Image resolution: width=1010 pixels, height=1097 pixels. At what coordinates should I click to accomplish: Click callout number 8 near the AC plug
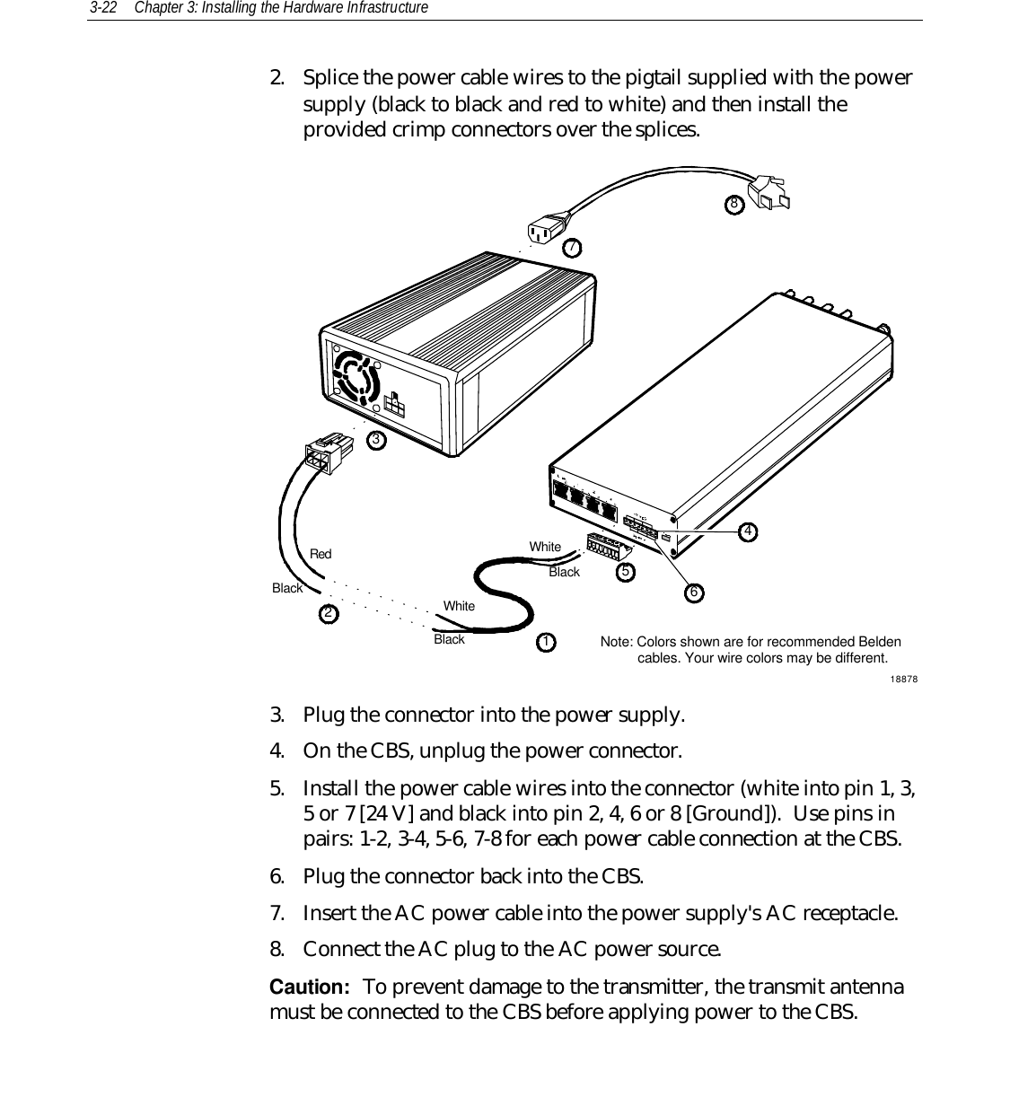click(734, 204)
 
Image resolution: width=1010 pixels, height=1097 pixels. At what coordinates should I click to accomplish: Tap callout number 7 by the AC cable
click(571, 246)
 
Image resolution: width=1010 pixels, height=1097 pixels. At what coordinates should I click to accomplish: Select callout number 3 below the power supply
click(377, 439)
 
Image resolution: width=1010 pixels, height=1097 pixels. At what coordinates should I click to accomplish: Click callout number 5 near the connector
click(626, 570)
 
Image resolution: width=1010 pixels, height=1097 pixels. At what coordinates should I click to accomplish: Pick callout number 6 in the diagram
click(693, 592)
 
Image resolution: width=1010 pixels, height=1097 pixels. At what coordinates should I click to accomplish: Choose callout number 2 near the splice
click(329, 613)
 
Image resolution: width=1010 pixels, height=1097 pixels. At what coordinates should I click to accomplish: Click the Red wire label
click(321, 554)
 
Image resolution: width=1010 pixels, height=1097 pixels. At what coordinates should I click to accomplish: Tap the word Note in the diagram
click(616, 642)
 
